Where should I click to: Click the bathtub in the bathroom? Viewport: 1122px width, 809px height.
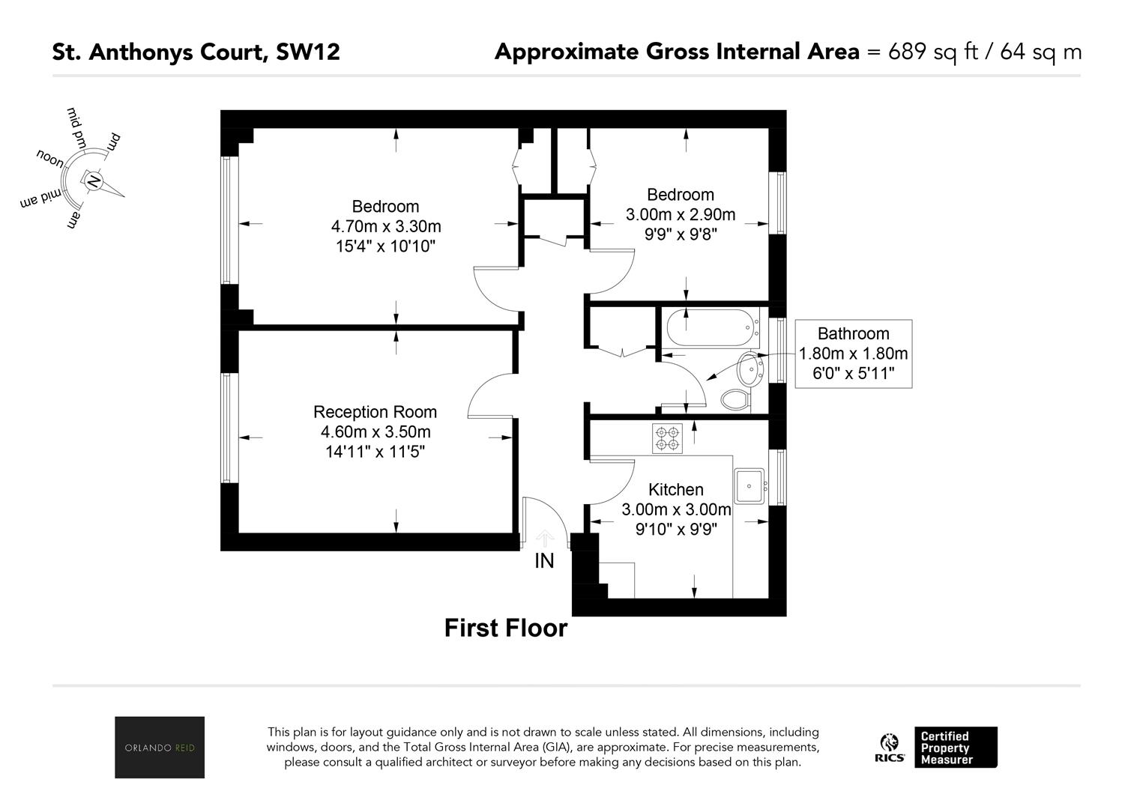click(x=711, y=327)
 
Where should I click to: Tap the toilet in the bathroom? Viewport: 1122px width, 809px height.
click(x=736, y=399)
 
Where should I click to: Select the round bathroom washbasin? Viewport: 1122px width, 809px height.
click(x=749, y=368)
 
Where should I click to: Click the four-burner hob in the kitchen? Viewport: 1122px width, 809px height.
click(x=667, y=438)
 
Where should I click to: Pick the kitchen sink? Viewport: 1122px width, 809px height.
click(x=749, y=485)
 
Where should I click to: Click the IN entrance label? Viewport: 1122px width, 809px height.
click(x=544, y=561)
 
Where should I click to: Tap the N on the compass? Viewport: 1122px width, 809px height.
click(x=93, y=181)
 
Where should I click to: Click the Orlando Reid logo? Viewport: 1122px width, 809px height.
click(x=160, y=747)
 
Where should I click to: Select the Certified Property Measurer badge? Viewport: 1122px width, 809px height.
click(x=956, y=747)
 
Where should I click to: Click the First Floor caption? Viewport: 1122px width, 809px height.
click(x=506, y=628)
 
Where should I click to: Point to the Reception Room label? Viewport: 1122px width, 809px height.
click(x=375, y=411)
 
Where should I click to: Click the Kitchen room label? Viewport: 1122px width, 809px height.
click(x=676, y=489)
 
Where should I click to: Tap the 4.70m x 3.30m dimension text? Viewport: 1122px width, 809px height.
click(x=386, y=226)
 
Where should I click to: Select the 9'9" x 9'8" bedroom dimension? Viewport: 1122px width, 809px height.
click(x=681, y=234)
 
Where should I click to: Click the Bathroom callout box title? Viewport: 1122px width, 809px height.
click(x=853, y=333)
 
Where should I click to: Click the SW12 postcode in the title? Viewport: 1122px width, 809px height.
click(x=308, y=52)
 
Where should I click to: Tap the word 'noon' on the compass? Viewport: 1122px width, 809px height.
click(x=50, y=158)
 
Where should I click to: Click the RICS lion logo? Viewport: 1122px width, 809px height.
click(x=890, y=747)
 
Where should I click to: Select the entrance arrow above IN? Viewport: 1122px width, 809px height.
click(x=544, y=539)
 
